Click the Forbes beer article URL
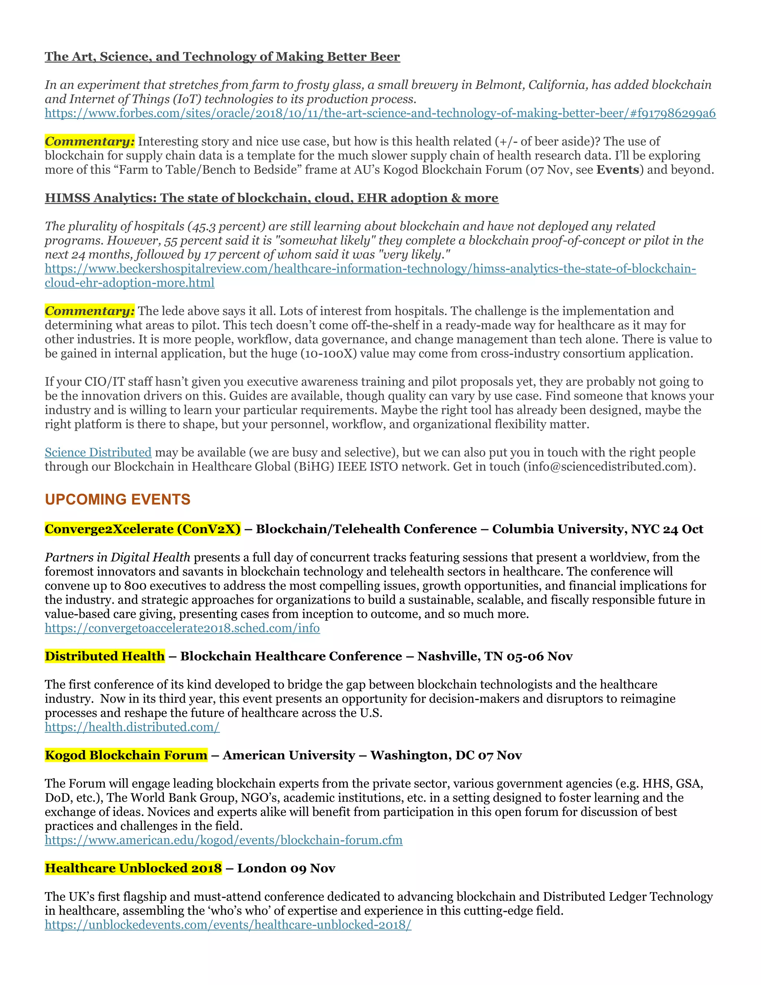pos(380,113)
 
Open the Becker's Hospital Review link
pos(370,269)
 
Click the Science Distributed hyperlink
pos(98,452)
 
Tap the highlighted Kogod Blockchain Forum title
pos(126,755)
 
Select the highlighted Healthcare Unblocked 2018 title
pos(133,868)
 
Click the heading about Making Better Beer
pos(222,57)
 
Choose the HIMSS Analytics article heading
pos(271,198)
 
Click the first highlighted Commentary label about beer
pos(89,142)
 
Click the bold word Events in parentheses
pos(618,169)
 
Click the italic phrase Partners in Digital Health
pos(117,558)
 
